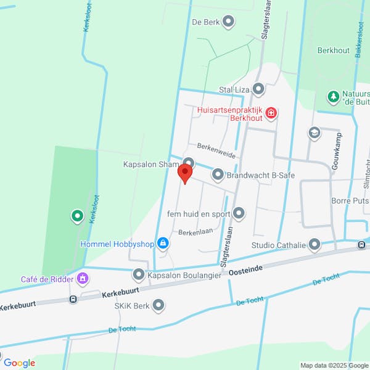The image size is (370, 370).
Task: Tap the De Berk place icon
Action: click(229, 22)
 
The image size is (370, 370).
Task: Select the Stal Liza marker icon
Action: click(258, 90)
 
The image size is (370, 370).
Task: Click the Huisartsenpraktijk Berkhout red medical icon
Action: click(272, 113)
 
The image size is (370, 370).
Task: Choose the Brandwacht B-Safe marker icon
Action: click(218, 175)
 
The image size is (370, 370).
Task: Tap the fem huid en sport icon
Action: click(239, 214)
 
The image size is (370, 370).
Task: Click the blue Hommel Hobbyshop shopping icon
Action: click(163, 244)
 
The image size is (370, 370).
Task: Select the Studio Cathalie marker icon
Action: click(315, 245)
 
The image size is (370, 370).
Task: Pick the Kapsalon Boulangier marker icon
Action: click(139, 275)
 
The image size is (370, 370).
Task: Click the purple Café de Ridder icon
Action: click(81, 279)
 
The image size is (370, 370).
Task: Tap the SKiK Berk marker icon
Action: click(158, 305)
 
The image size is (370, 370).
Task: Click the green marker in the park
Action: click(77, 216)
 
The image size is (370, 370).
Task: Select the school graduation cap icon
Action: click(314, 133)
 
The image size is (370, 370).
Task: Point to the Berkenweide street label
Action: click(216, 150)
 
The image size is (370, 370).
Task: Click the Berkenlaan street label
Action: click(196, 233)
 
